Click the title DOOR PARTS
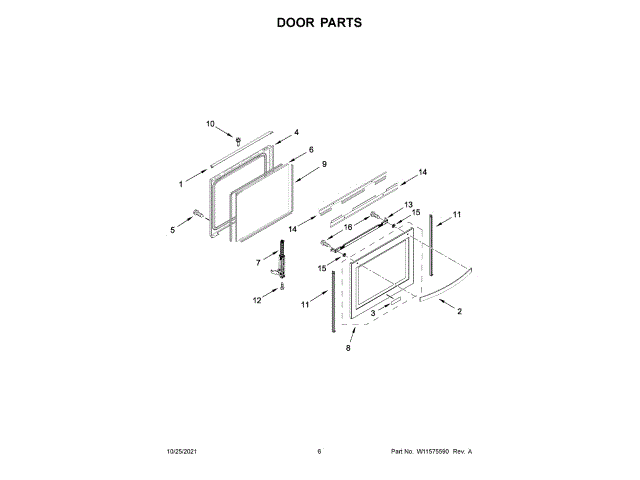point(319,21)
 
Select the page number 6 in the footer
point(319,452)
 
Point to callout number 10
point(210,124)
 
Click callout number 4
point(296,131)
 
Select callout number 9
point(324,163)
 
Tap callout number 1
point(181,184)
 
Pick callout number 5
point(172,230)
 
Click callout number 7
point(257,262)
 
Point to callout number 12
point(256,299)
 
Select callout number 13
point(408,205)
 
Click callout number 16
point(348,227)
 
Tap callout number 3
point(373,313)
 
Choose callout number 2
point(459,312)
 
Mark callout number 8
point(348,348)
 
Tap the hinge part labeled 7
point(282,267)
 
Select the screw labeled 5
point(197,213)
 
